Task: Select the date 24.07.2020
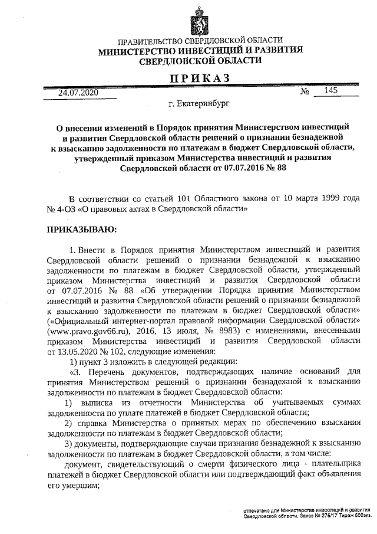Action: (78, 93)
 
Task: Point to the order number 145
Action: (330, 91)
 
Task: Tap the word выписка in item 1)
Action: (98, 401)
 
